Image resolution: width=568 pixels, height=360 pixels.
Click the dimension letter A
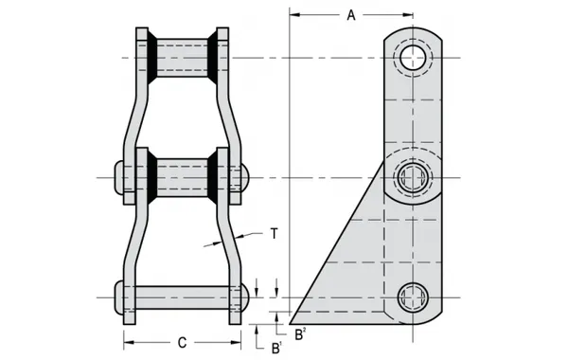[x=351, y=15]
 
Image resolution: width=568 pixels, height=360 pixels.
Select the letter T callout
[x=274, y=232]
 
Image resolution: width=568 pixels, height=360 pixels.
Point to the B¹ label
[x=275, y=348]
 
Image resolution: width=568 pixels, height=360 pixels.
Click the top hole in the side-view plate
[x=413, y=59]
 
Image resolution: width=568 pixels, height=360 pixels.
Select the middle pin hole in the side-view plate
[x=413, y=177]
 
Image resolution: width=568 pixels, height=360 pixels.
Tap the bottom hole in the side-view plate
[x=413, y=297]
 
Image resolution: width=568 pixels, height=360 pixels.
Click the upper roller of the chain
[x=182, y=59]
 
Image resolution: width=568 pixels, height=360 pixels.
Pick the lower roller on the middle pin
[x=182, y=177]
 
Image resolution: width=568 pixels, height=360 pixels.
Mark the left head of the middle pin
[x=117, y=177]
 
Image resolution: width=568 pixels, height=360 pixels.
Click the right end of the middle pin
[x=244, y=177]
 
